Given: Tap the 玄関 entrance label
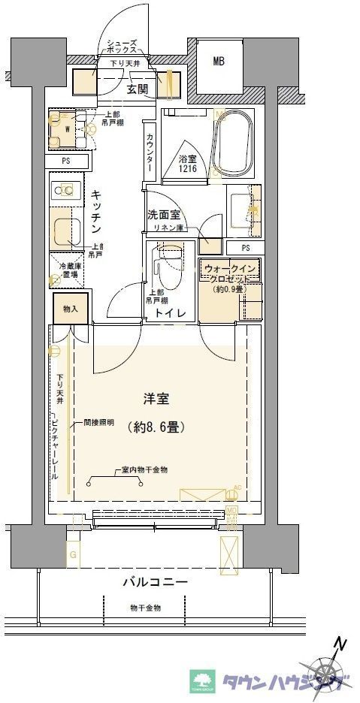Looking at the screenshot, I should [x=137, y=90].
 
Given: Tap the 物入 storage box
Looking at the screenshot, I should [x=70, y=307].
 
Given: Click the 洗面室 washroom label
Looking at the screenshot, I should [x=163, y=214].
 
